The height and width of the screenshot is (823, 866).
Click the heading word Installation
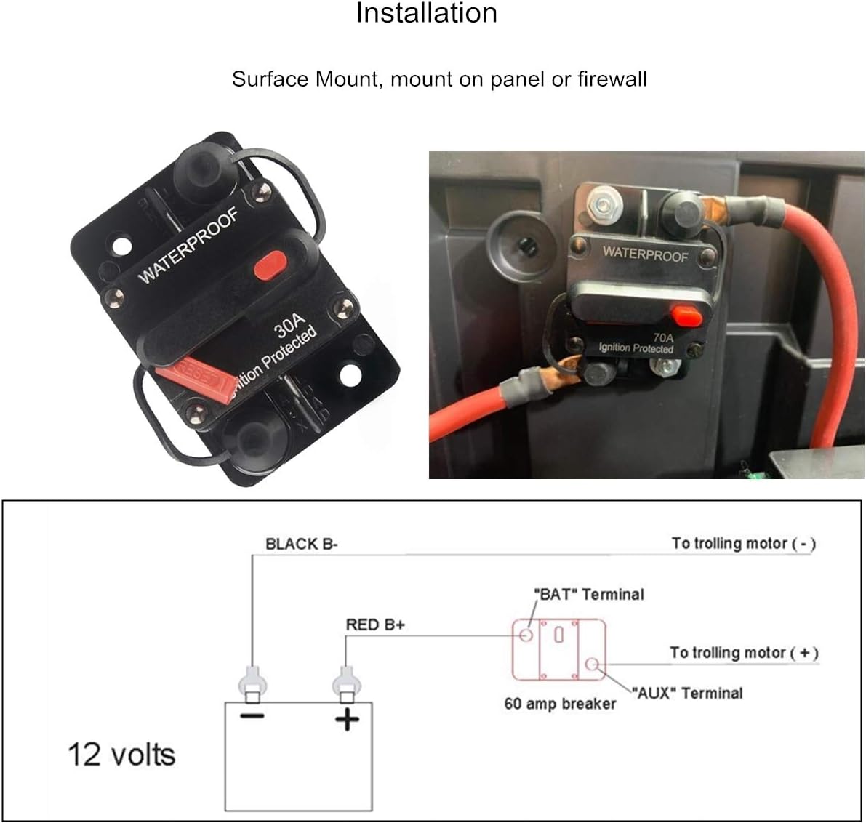click(x=426, y=13)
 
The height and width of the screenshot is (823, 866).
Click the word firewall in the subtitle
click(x=612, y=79)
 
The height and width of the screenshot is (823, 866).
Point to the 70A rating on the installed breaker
click(x=662, y=337)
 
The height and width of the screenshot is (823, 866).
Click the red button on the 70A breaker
click(x=686, y=316)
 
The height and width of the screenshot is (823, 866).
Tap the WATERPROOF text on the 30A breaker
click(x=188, y=245)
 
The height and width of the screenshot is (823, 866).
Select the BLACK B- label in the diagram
click(x=301, y=544)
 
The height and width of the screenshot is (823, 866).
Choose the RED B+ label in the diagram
click(x=375, y=625)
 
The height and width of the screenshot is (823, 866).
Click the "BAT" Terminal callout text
click(x=589, y=595)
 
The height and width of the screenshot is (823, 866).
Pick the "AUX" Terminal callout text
click(x=686, y=693)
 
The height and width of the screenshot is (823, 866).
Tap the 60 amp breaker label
click(x=560, y=704)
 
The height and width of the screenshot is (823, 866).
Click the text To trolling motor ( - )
click(x=743, y=543)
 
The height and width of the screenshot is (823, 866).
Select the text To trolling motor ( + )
click(x=744, y=653)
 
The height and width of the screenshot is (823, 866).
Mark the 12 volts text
click(x=121, y=755)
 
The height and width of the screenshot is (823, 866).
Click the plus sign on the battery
click(x=347, y=720)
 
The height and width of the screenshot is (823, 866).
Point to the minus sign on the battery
click(x=252, y=717)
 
